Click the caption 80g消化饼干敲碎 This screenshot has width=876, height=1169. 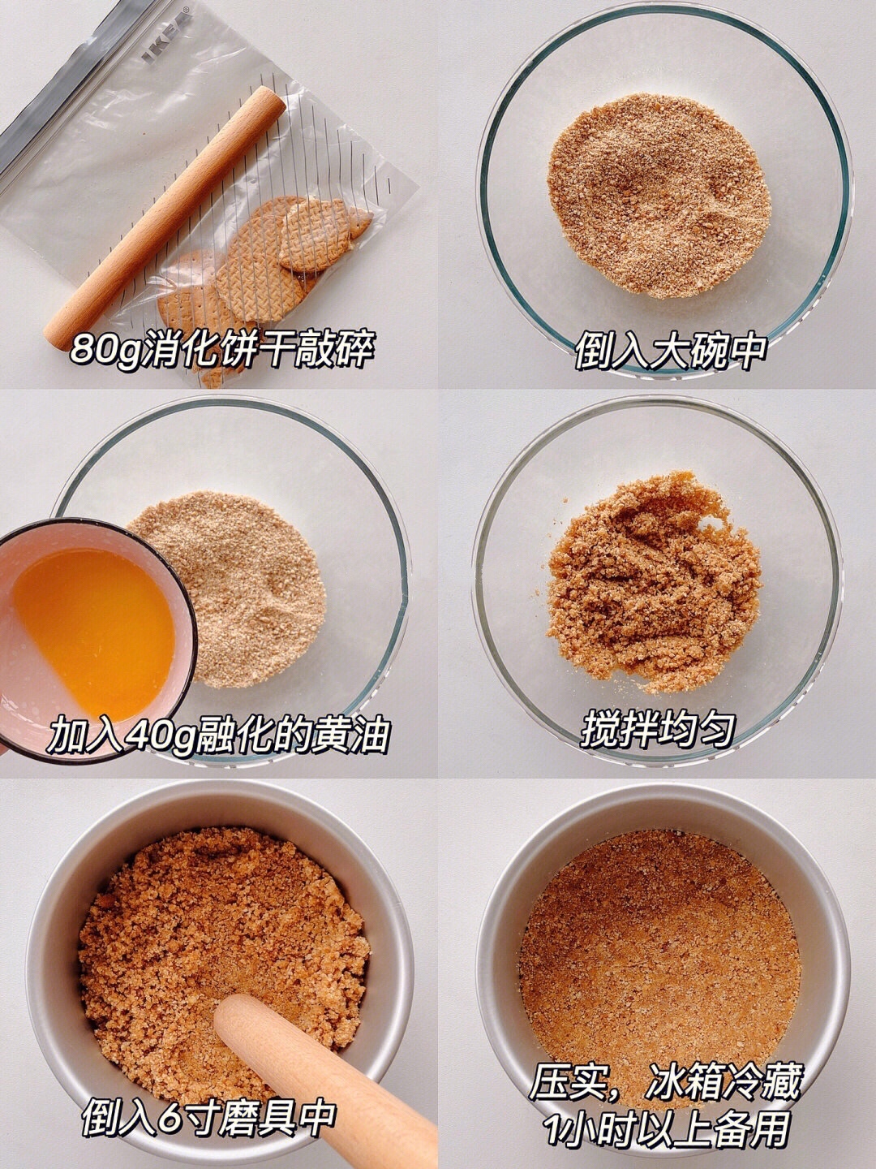(222, 349)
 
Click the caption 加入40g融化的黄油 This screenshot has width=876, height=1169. (218, 735)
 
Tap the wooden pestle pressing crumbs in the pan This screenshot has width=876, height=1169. (324, 1076)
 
